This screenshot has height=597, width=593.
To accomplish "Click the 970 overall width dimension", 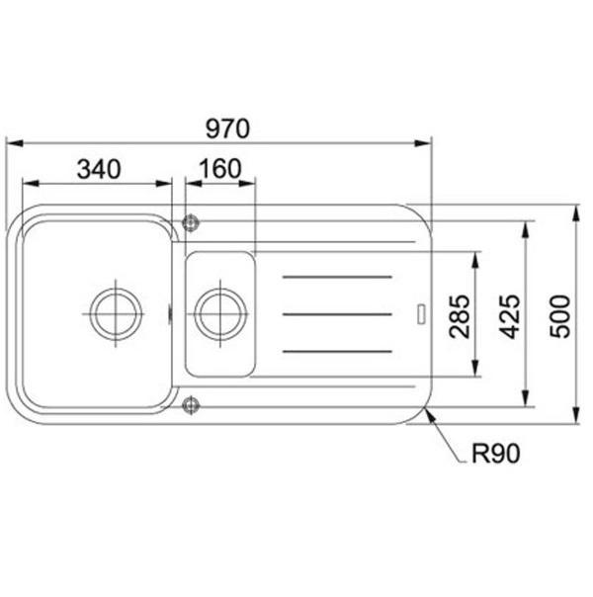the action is [x=227, y=128].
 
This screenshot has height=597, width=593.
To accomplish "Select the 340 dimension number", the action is [x=99, y=169].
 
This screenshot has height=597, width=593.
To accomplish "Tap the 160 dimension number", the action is [x=220, y=169].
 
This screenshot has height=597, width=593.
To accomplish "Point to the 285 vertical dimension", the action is [x=460, y=316].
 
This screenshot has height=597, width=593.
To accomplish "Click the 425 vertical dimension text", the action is [x=510, y=316].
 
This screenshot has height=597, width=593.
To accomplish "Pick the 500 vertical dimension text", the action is [x=560, y=316].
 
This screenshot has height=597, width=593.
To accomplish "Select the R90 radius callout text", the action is [x=495, y=454].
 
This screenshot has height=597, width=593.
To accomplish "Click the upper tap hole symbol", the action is [x=191, y=222].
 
